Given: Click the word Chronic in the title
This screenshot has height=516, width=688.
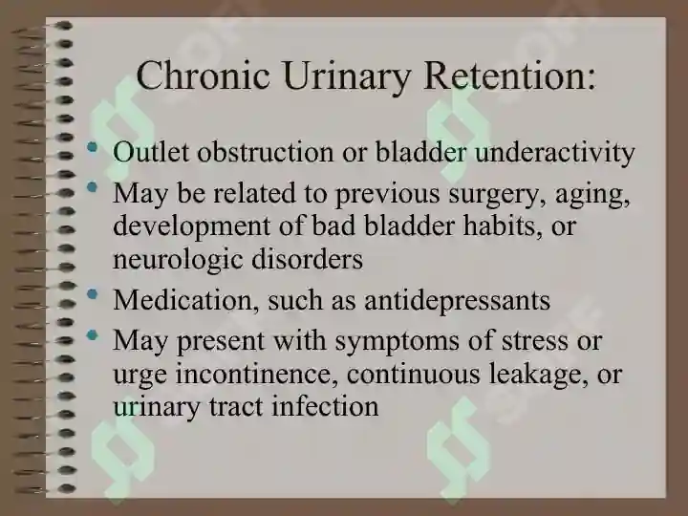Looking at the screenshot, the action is point(203,75).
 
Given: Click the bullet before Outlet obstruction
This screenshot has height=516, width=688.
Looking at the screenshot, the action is point(92,147).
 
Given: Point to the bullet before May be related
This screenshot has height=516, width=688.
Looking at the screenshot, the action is point(92,188).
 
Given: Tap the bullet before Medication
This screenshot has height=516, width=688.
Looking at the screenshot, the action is point(92,294).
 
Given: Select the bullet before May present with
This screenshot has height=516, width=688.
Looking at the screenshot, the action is point(92,335).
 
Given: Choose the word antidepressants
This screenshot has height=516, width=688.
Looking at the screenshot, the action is point(457,302).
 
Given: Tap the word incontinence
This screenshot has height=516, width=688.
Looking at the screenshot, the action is point(257,376).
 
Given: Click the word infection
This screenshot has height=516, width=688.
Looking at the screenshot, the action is point(325,406).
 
